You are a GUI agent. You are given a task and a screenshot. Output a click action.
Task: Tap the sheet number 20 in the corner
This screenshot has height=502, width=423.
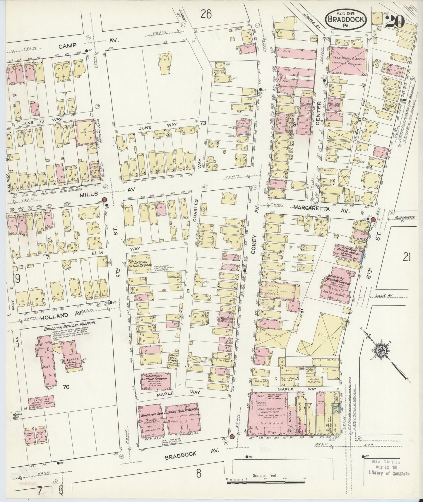[x=395, y=21]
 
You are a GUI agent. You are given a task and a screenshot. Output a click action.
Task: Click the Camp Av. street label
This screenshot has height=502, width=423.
[x=67, y=45]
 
